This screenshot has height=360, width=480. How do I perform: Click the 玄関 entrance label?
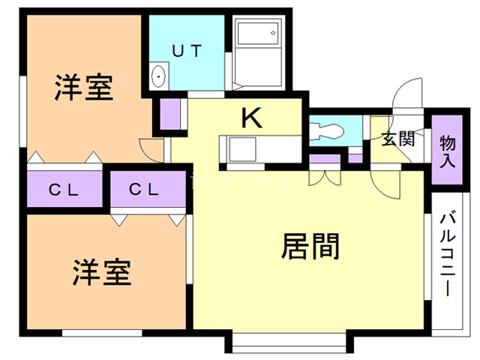click(397, 139)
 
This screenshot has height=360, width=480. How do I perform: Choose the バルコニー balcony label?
click(448, 254)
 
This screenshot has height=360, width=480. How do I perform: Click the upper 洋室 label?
click(83, 88)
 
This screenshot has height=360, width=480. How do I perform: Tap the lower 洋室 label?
click(102, 271)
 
